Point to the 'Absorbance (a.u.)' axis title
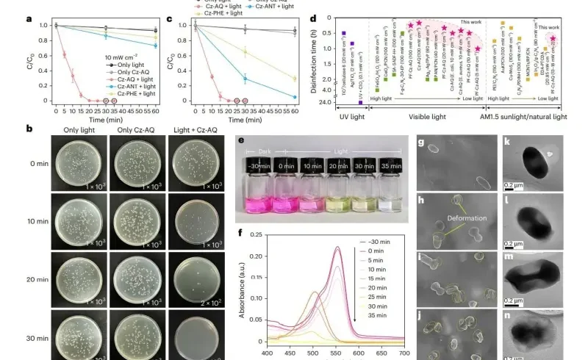coord(243,287)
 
